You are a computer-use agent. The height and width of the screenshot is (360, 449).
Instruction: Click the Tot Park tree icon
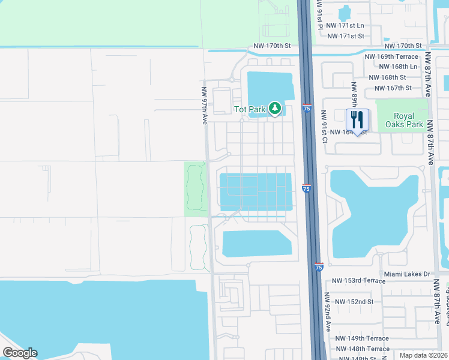pos(275,109)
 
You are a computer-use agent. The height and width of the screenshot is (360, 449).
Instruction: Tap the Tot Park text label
pos(249,110)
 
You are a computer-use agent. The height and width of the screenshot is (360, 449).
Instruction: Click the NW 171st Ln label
pos(351,25)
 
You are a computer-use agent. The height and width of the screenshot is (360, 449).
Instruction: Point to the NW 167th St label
pos(393,88)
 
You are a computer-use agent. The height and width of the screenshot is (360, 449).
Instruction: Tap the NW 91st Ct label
pos(324,127)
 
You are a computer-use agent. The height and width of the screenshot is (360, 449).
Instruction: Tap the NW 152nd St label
pos(354,302)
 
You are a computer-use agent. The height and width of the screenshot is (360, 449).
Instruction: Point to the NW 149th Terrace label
pos(362,338)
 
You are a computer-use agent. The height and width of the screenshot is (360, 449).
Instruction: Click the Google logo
pos(20,353)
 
